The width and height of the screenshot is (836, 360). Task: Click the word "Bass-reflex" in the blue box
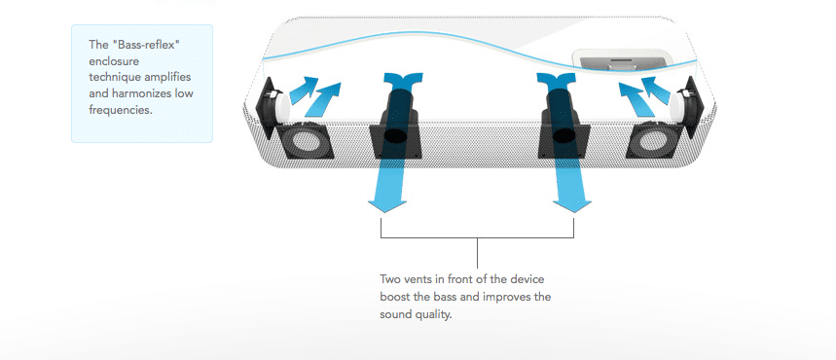(144, 44)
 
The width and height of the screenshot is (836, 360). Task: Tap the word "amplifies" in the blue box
(165, 77)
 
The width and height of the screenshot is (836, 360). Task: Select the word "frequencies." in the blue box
(121, 110)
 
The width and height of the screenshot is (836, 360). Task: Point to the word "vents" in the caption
(416, 279)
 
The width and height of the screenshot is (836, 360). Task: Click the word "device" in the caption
(527, 279)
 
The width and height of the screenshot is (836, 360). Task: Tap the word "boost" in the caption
(394, 297)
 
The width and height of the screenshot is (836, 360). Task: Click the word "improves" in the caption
(506, 297)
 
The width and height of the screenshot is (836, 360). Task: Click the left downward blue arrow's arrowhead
(386, 206)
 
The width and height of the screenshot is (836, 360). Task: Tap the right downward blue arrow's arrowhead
(572, 206)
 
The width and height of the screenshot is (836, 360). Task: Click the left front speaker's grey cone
(306, 141)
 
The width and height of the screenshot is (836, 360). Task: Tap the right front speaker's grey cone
(653, 141)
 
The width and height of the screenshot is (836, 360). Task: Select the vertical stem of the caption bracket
(477, 253)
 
